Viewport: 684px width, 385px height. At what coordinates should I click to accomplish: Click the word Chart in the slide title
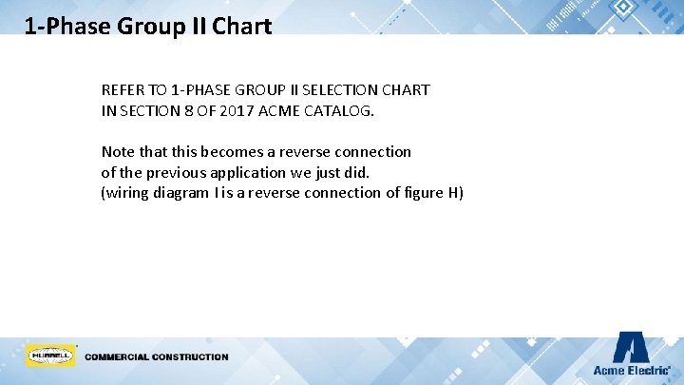[241, 26]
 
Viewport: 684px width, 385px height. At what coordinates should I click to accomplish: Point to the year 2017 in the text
[245, 110]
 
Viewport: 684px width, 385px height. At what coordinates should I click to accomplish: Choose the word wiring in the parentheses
[127, 194]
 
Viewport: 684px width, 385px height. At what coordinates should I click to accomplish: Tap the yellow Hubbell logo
[51, 356]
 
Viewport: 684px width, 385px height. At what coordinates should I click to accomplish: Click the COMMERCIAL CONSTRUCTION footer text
[157, 357]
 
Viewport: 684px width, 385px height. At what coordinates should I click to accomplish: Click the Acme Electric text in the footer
[631, 370]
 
